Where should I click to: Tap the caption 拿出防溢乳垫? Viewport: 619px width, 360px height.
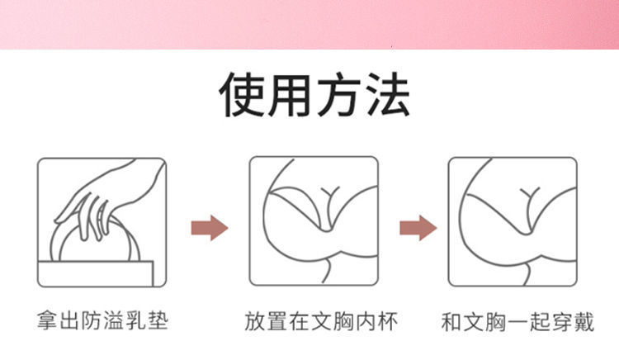pos(102,320)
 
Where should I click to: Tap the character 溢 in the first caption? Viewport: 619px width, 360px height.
pos(113,320)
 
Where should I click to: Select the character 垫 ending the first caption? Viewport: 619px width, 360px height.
pos(157,320)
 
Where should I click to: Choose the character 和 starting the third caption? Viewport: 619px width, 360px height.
pos(452,320)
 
